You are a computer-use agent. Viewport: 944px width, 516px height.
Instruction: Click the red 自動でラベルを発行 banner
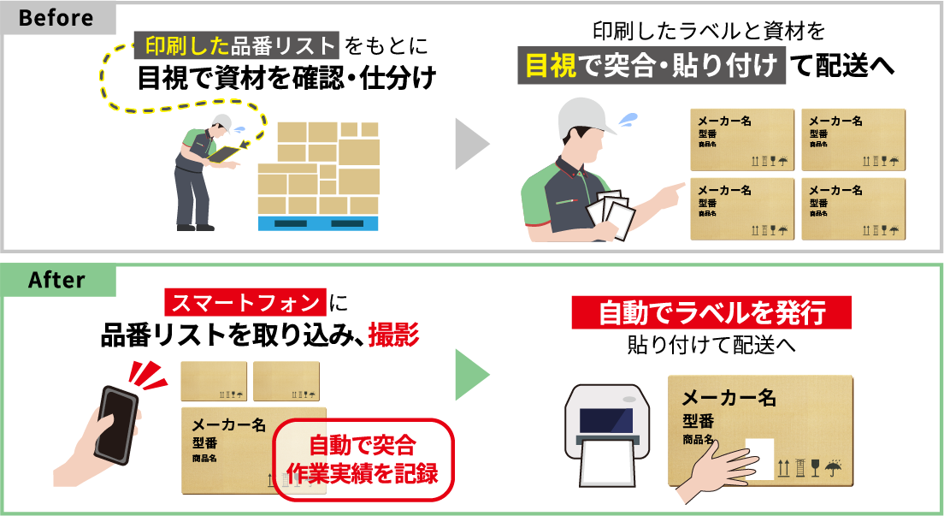tap(711, 313)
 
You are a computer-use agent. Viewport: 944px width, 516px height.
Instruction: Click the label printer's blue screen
tap(606, 420)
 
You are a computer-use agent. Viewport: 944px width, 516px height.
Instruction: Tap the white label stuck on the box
tap(759, 457)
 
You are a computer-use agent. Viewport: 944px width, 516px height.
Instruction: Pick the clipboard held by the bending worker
tap(227, 153)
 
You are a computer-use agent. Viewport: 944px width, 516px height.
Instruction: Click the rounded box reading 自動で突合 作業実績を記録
tap(362, 460)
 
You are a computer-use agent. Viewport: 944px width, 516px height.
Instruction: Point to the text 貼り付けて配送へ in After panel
tap(711, 346)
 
